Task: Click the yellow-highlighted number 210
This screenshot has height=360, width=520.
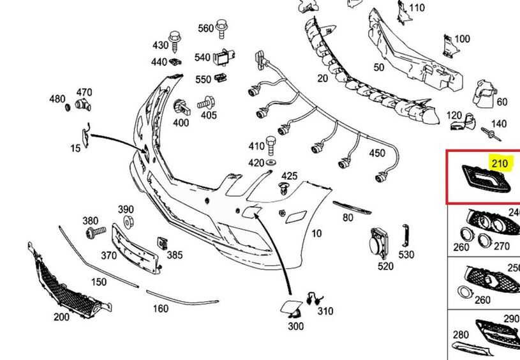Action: click(x=500, y=163)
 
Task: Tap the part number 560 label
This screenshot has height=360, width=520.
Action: click(x=205, y=29)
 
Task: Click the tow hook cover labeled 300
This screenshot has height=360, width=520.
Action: click(x=289, y=308)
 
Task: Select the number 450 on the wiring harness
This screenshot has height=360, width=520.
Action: click(x=377, y=153)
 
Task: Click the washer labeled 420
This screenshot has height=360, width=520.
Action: click(x=271, y=164)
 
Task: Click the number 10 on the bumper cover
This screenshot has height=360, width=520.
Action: click(x=316, y=234)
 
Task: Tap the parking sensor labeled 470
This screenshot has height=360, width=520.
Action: click(x=82, y=105)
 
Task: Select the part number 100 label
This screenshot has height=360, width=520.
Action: click(x=461, y=39)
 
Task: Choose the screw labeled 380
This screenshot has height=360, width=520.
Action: click(x=95, y=230)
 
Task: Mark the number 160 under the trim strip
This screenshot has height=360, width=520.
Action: click(x=160, y=309)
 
